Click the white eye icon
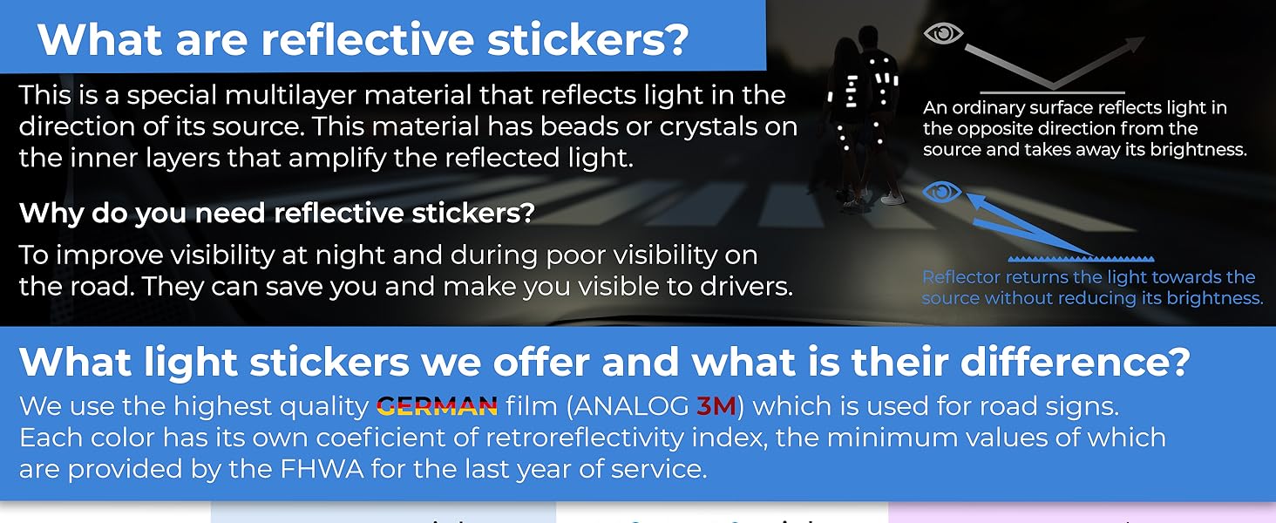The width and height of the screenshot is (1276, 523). click(x=943, y=33)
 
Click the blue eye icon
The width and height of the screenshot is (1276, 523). click(x=942, y=192)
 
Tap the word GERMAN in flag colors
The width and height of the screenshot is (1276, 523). click(x=437, y=406)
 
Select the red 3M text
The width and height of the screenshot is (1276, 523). click(x=716, y=406)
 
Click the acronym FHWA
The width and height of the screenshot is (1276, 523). click(x=322, y=469)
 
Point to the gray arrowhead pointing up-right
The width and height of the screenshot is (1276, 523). click(x=1134, y=44)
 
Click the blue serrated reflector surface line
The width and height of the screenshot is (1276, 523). click(x=1081, y=259)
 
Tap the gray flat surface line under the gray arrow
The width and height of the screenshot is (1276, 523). click(x=1052, y=92)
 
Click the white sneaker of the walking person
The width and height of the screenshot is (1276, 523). click(x=893, y=198)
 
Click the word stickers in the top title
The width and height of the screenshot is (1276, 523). click(x=588, y=40)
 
